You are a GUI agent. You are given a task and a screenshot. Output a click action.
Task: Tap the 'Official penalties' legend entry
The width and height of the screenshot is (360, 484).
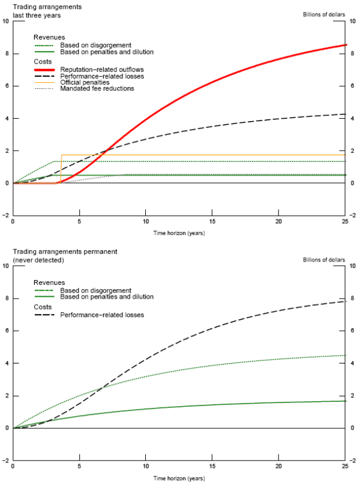coord(85,83)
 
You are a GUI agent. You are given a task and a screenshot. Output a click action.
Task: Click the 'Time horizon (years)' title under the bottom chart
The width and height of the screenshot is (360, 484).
coord(178,479)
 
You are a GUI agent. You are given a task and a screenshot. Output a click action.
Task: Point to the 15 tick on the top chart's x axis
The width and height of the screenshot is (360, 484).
coord(212,221)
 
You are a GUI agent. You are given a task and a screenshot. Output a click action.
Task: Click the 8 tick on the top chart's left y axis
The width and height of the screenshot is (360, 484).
coord(7,53)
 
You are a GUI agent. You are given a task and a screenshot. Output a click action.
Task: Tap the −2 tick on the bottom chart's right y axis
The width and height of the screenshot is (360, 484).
coord(352,461)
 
